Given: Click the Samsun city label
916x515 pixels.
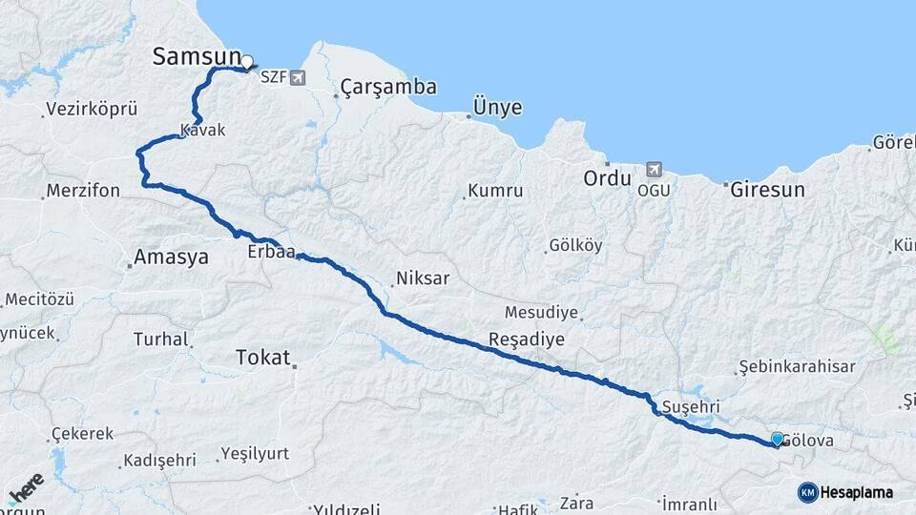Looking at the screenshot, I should [x=197, y=56].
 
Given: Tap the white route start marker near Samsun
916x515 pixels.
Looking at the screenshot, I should [x=247, y=63].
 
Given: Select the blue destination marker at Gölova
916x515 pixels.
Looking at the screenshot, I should [x=778, y=439].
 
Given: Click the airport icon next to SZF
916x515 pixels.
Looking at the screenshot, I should [x=299, y=77].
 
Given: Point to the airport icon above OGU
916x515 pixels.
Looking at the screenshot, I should [x=653, y=169].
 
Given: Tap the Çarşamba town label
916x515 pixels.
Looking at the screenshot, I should [x=388, y=88].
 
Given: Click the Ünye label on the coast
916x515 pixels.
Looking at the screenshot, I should [x=497, y=108].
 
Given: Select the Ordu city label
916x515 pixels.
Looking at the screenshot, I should [x=608, y=179].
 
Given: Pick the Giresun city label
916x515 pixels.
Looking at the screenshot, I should [x=767, y=190].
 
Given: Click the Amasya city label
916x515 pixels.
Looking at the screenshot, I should [x=171, y=257].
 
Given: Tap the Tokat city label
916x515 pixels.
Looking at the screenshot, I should [x=261, y=358].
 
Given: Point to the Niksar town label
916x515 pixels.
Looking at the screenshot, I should [x=422, y=279].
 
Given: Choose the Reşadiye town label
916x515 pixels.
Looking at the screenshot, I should [x=527, y=340].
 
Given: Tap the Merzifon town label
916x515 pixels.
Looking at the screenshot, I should [x=83, y=191].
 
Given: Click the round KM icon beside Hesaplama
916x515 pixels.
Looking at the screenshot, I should [x=808, y=492].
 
